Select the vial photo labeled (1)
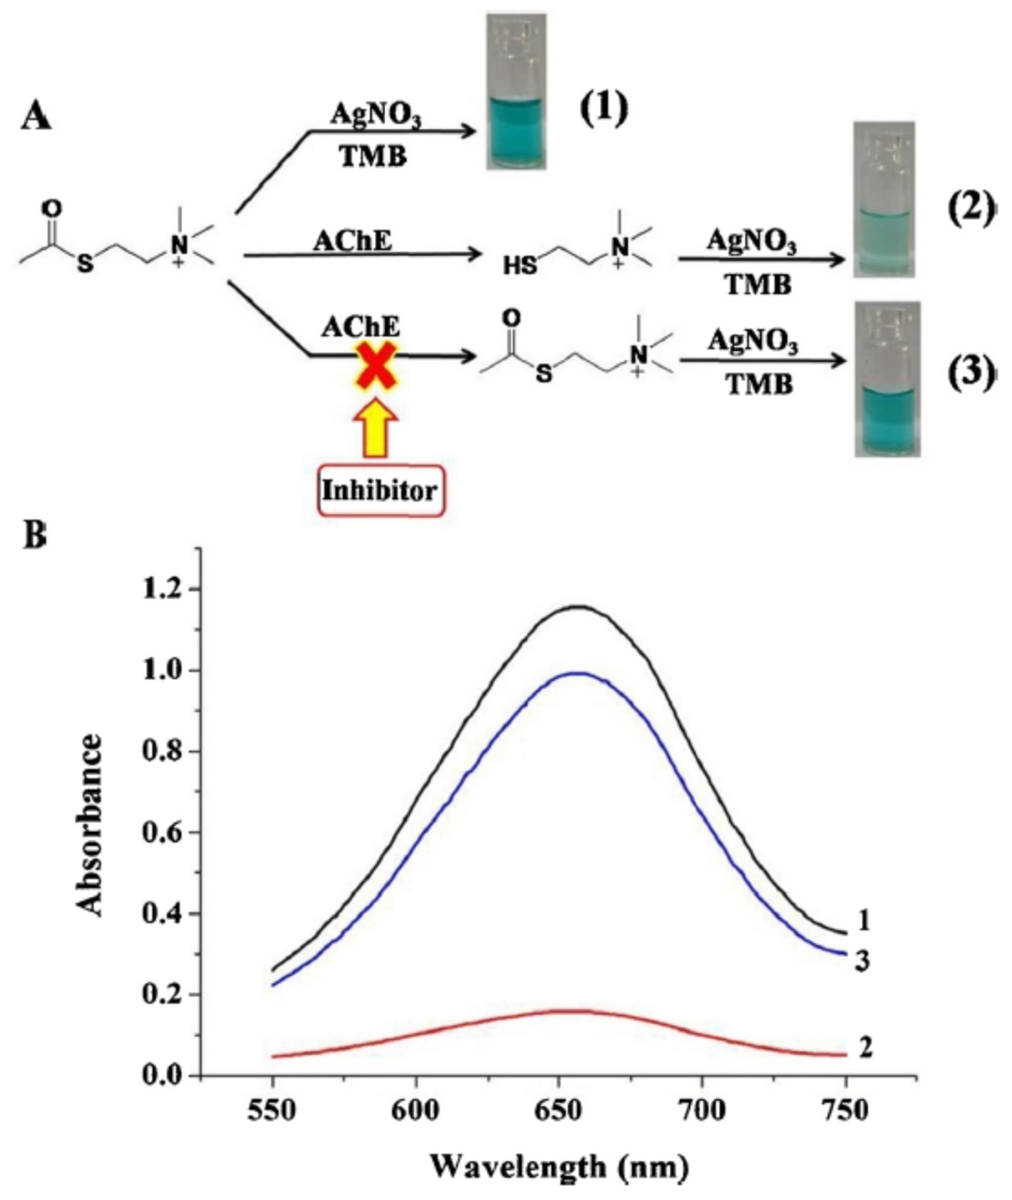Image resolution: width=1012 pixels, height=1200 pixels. coord(516,92)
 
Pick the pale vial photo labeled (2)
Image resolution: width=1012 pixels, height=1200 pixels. coord(883,199)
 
